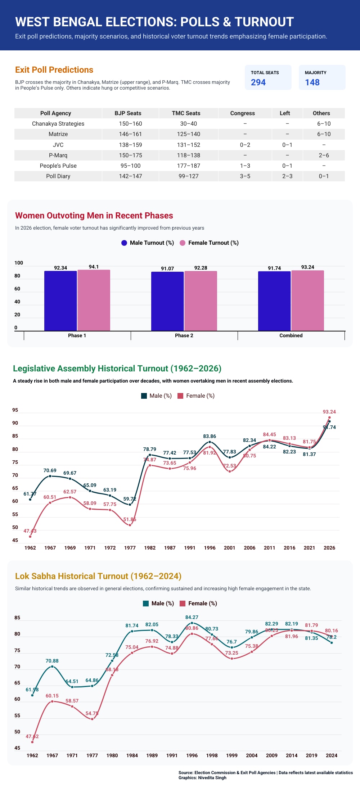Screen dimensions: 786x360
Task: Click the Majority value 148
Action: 312,82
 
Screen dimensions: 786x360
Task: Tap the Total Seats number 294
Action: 258,82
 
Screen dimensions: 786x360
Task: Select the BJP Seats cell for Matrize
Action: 130,134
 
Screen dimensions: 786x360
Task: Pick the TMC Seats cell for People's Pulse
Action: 188,166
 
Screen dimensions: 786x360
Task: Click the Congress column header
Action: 242,113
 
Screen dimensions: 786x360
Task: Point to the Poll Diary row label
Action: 58,176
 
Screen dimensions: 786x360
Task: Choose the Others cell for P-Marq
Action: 324,155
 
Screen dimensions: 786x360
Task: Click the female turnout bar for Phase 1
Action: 94,301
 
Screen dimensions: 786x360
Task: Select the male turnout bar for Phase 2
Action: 167,301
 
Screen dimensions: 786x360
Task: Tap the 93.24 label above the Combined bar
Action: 307,267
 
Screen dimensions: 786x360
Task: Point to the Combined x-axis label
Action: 291,335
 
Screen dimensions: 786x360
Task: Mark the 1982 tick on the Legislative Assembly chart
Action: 150,548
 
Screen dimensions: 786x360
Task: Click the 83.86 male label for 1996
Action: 210,436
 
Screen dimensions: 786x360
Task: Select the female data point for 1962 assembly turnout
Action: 30,537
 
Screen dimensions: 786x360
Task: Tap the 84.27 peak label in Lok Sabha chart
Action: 192,617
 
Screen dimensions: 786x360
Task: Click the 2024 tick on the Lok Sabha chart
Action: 331,755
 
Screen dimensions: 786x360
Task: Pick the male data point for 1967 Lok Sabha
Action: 52,667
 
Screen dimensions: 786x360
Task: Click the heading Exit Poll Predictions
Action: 54,70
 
